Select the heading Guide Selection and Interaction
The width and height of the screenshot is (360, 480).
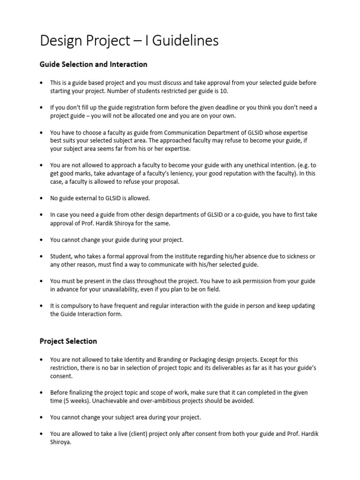tap(93, 64)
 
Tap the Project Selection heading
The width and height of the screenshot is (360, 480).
tap(68, 341)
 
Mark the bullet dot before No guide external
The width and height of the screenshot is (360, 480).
tap(42, 198)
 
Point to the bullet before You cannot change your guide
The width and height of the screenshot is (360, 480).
tap(42, 240)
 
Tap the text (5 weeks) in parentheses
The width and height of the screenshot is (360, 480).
tap(70, 401)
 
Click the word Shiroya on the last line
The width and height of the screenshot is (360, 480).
tap(61, 442)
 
